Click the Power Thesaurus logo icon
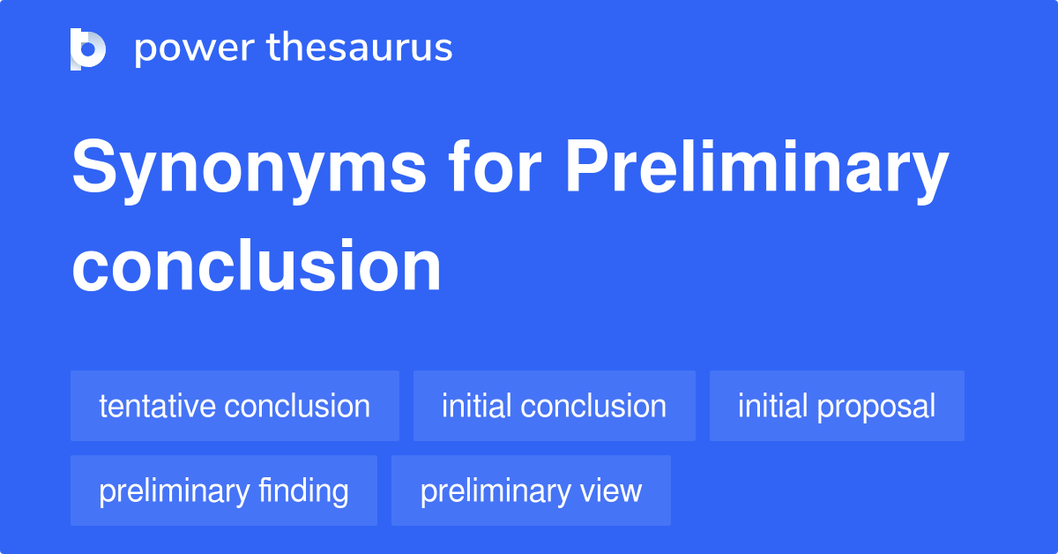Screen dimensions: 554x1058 (x=88, y=49)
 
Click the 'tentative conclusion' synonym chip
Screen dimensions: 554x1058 (x=235, y=407)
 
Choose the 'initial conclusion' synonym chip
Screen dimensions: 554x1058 (x=554, y=407)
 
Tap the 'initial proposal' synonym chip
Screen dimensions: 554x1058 (x=837, y=407)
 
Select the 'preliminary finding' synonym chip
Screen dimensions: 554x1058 (x=224, y=491)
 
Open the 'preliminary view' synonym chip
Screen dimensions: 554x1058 (x=531, y=491)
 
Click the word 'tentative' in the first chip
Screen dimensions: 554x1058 (x=157, y=407)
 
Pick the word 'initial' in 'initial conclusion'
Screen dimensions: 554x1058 (x=477, y=407)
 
